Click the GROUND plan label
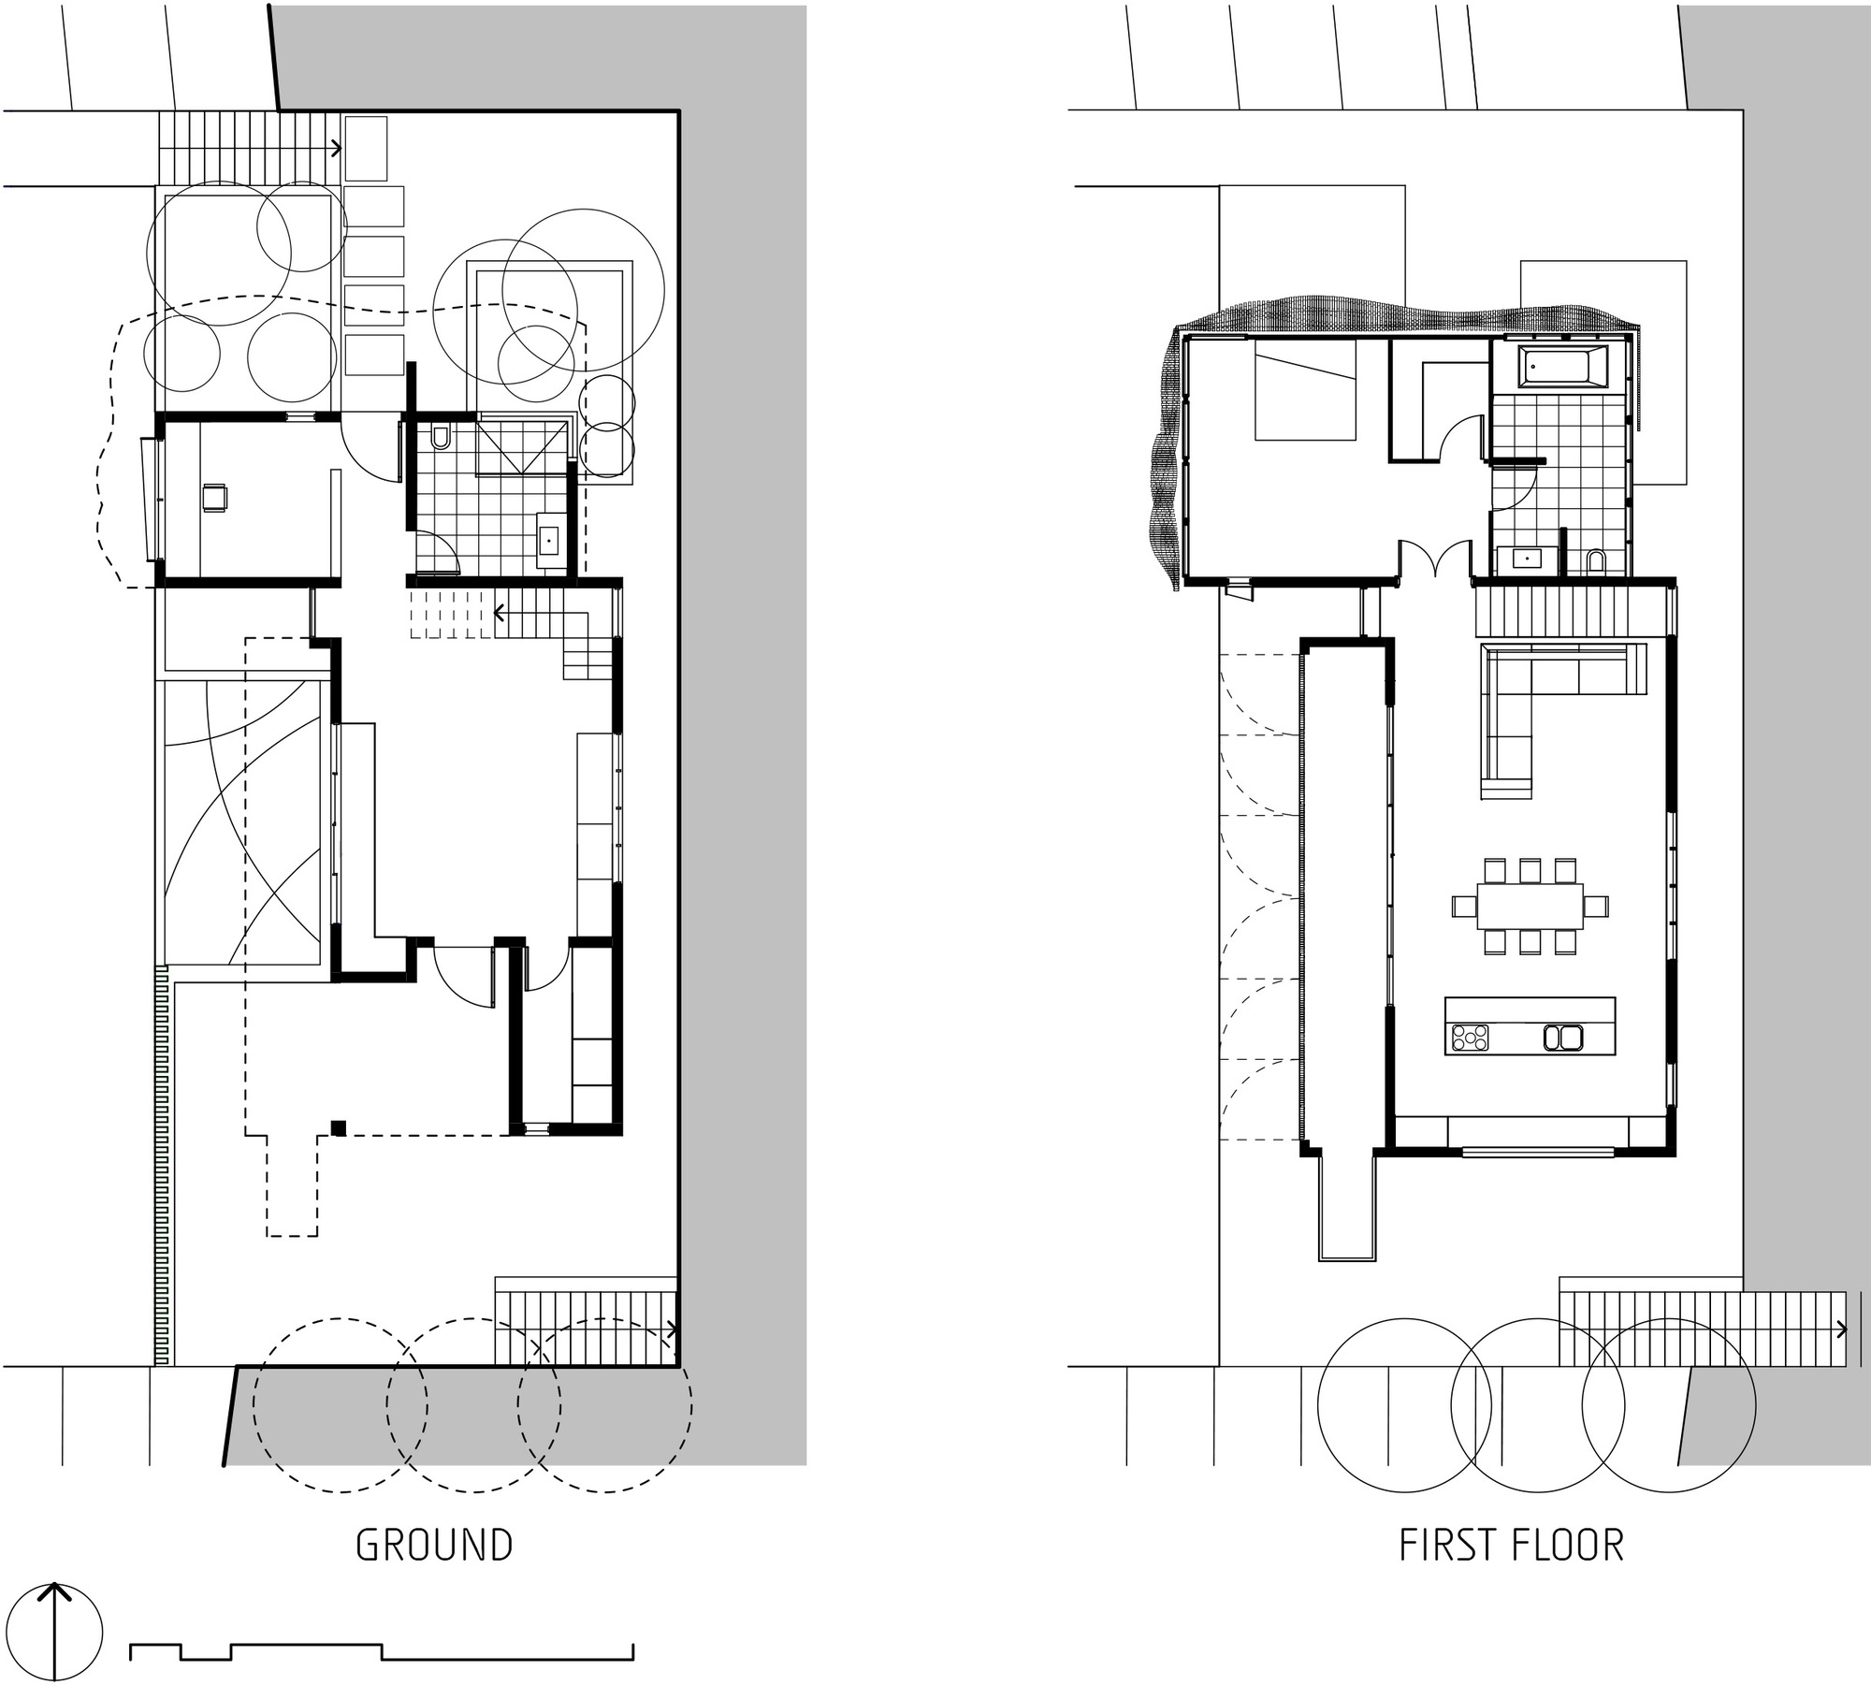point(434,1546)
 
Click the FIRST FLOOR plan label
point(1511,1546)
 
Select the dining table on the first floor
point(1530,906)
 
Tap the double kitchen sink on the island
point(1562,1037)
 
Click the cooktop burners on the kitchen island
point(1469,1037)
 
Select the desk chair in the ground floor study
point(215,497)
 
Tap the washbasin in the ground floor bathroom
point(548,540)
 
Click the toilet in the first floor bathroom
point(1596,560)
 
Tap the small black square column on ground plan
point(339,1128)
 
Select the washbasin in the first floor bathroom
point(1529,559)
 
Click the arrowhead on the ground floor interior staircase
point(500,614)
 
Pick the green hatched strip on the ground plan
point(161,1166)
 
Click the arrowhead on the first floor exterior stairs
point(1841,1329)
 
